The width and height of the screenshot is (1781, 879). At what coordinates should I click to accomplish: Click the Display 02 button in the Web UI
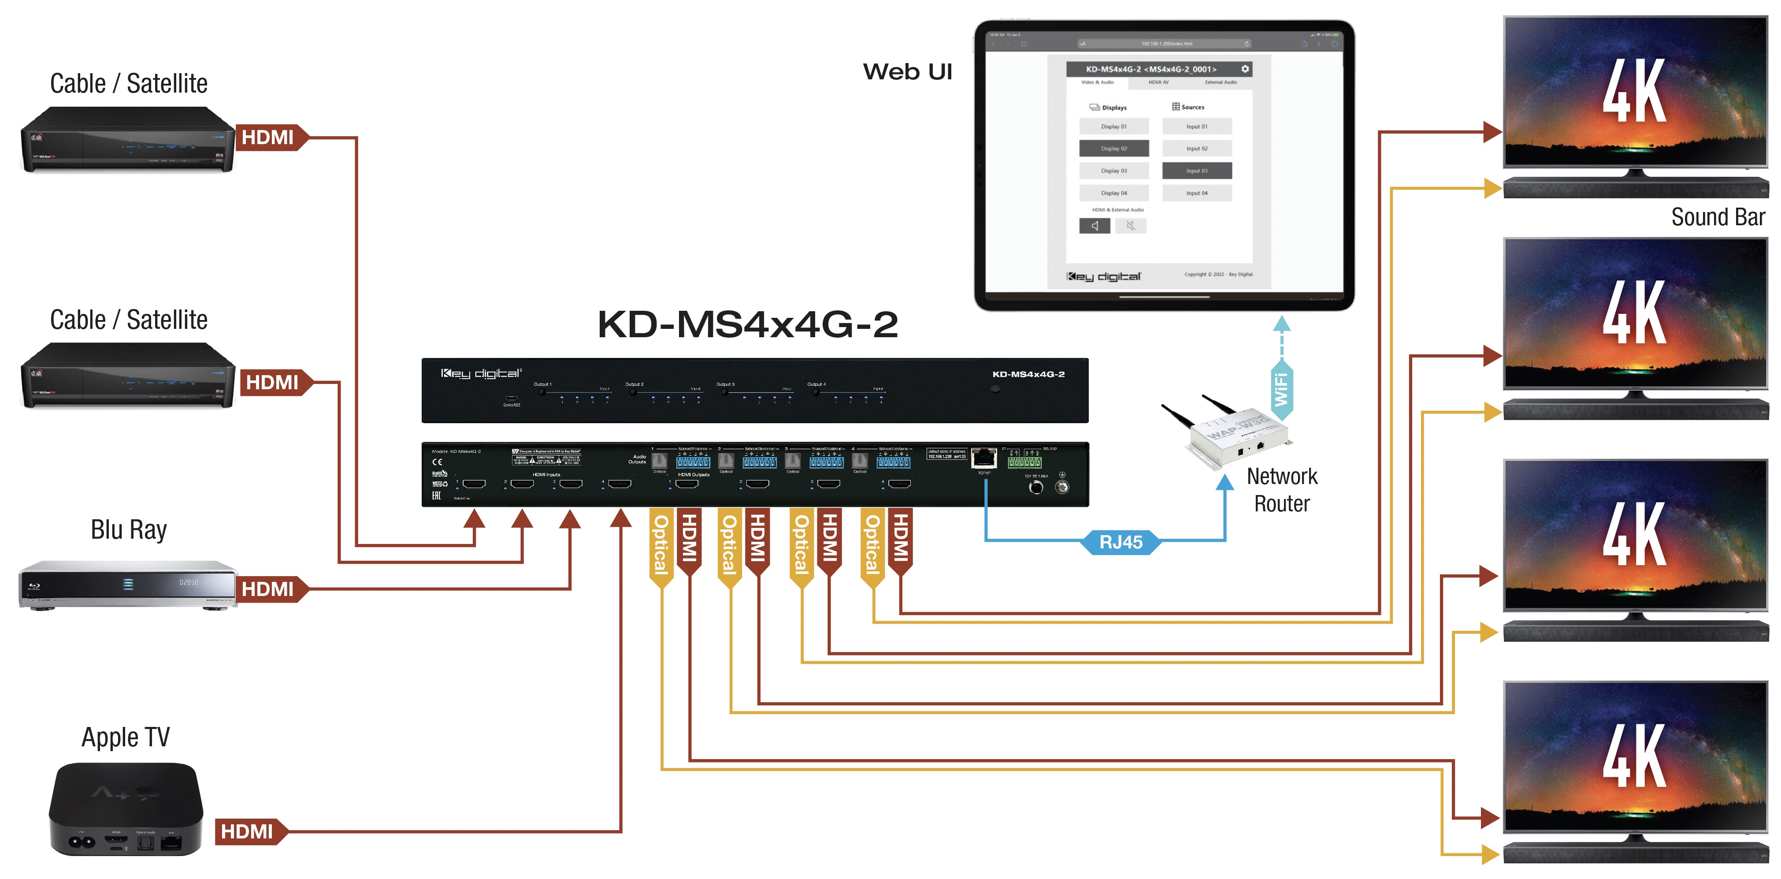point(1113,149)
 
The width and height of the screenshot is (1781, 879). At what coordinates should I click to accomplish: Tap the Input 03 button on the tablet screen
point(1196,171)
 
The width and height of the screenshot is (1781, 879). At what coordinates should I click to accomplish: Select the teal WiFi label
point(1281,389)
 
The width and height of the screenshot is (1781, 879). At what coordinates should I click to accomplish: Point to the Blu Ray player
point(128,585)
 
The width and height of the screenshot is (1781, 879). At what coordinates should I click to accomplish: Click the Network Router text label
point(1282,490)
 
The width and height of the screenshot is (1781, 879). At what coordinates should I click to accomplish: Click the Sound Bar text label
point(1718,217)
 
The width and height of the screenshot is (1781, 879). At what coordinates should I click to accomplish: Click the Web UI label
point(907,72)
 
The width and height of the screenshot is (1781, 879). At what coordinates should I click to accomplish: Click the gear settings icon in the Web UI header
point(1244,69)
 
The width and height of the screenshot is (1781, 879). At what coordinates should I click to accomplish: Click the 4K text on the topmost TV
point(1634,91)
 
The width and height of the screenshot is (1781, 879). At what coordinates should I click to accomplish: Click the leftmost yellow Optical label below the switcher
point(661,545)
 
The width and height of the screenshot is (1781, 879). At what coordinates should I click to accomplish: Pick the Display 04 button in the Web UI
point(1113,193)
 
